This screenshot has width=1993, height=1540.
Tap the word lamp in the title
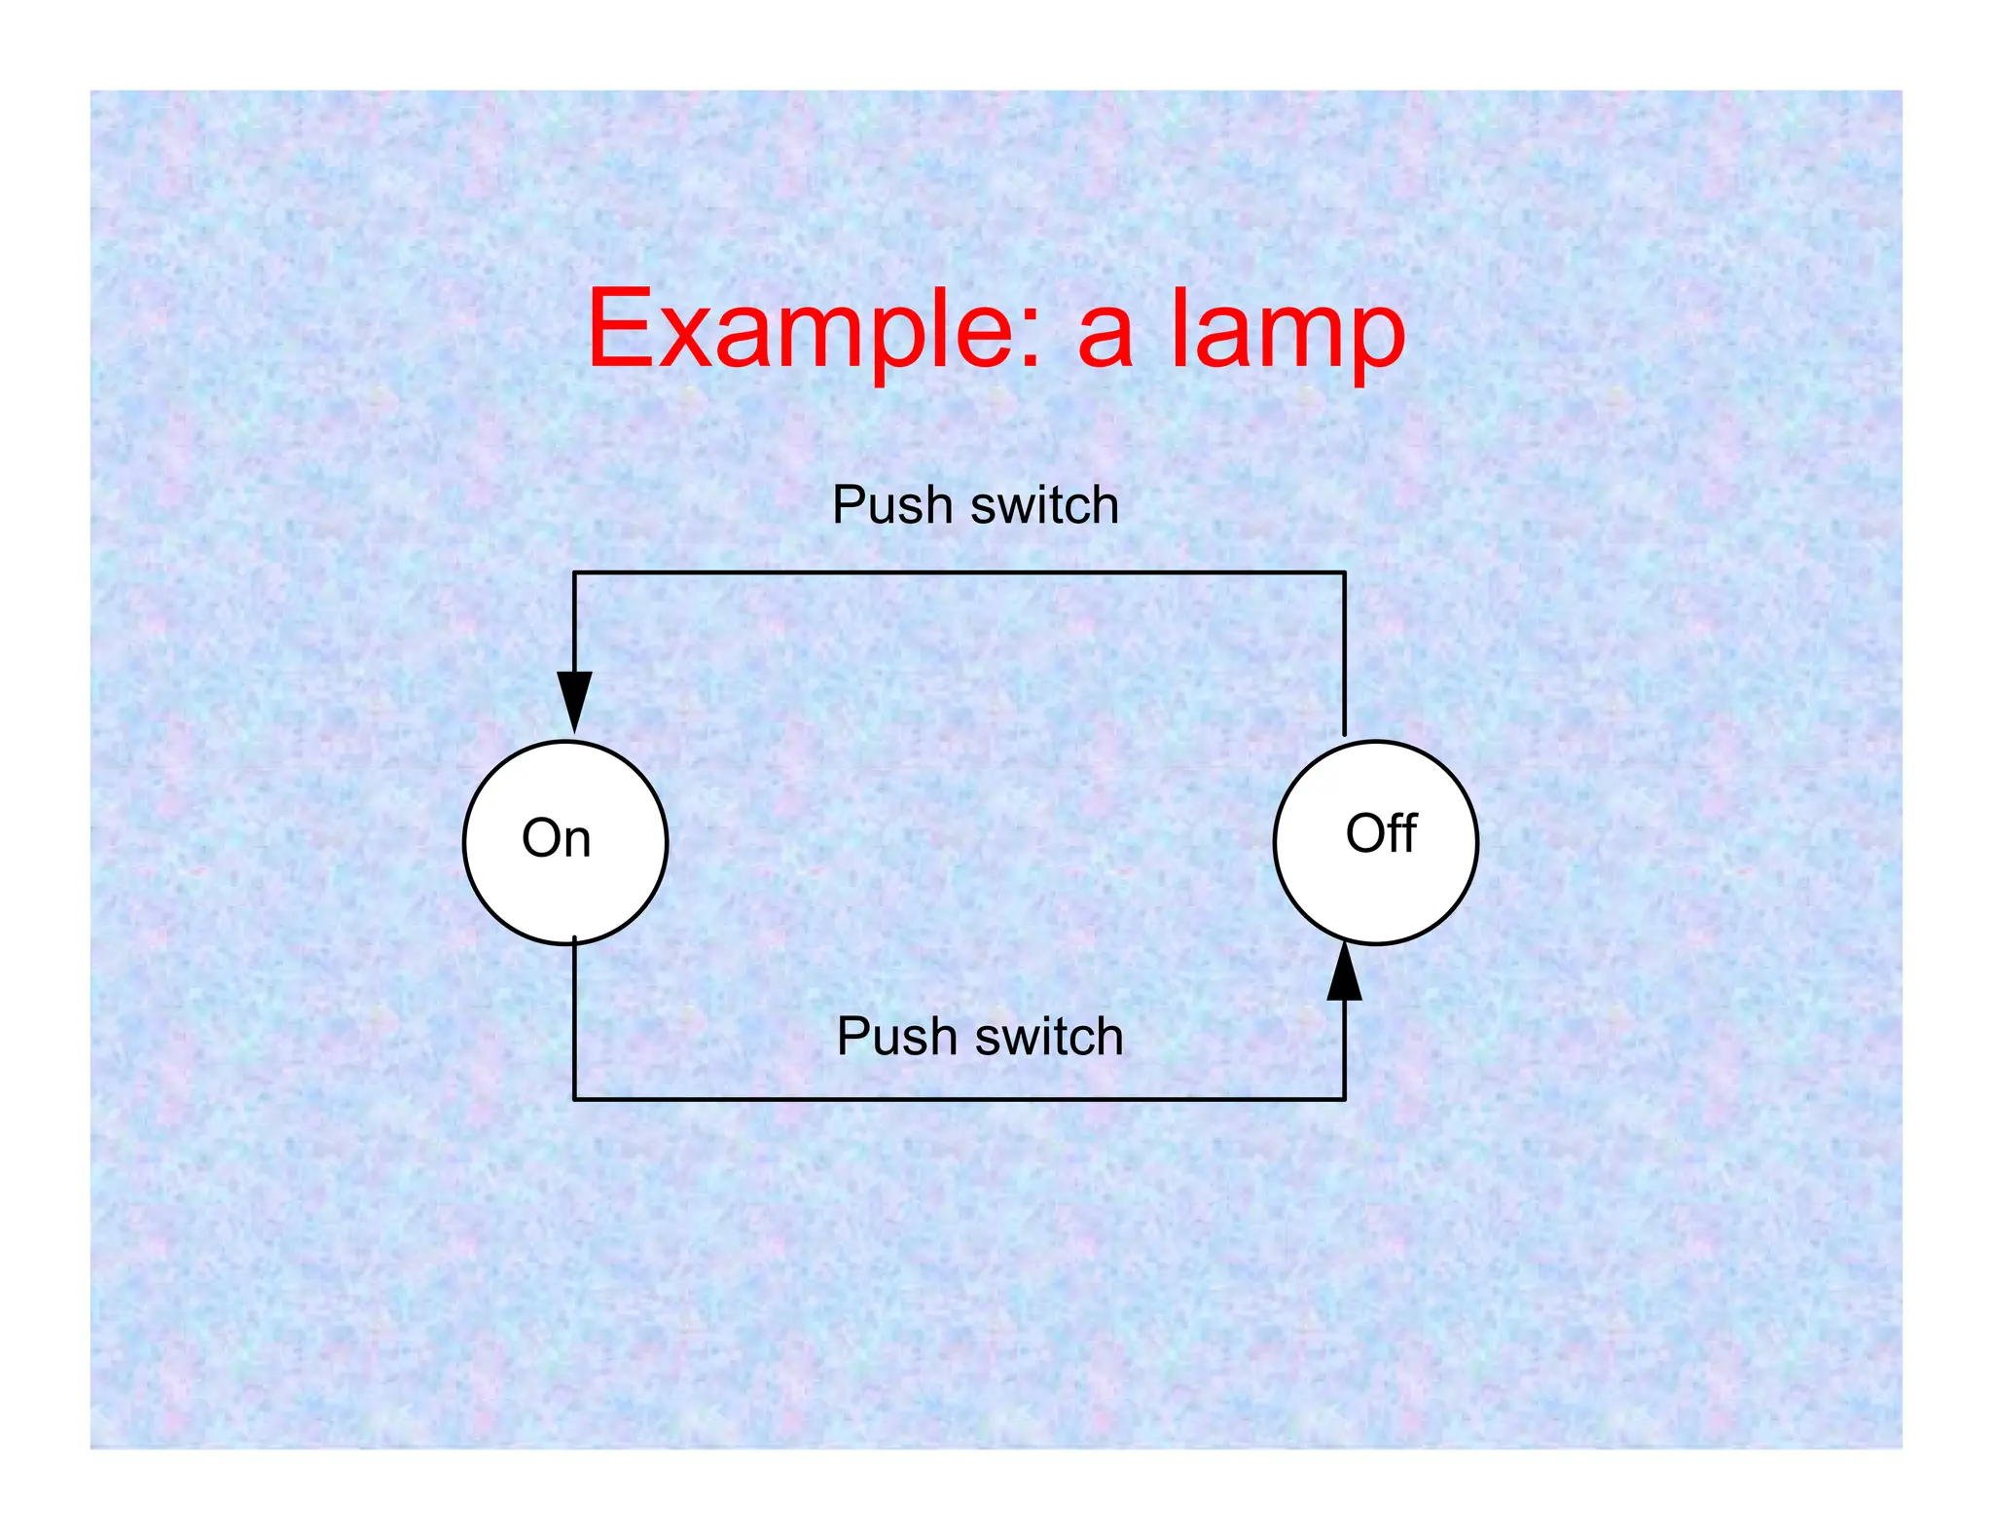pyautogui.click(x=1286, y=331)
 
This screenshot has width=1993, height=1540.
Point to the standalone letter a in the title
pyautogui.click(x=1105, y=337)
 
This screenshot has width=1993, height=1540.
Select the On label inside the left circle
pyautogui.click(x=556, y=838)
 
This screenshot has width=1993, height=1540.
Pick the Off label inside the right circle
pyautogui.click(x=1381, y=833)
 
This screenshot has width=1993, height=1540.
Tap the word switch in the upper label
pyautogui.click(x=1044, y=505)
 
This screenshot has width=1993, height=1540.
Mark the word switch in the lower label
pyautogui.click(x=1049, y=1036)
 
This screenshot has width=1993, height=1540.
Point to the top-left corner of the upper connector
pyautogui.click(x=574, y=572)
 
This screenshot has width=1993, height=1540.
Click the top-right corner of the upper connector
pyautogui.click(x=1345, y=572)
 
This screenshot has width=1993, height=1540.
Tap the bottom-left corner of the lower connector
pyautogui.click(x=574, y=1099)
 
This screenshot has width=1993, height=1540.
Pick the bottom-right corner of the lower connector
pyautogui.click(x=1345, y=1099)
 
